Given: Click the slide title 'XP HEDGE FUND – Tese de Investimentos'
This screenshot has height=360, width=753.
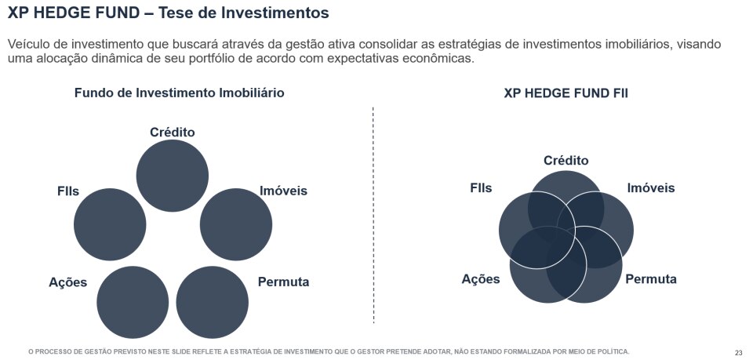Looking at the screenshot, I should (168, 13).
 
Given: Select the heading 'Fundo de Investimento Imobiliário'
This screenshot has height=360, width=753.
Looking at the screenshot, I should (179, 93).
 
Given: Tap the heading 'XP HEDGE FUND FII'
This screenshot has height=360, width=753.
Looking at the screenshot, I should (566, 93).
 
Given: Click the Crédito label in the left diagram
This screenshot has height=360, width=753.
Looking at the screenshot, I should (173, 132).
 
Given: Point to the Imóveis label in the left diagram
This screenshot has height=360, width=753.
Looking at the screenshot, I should (283, 191).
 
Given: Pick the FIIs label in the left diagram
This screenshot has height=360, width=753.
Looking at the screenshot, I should (68, 191).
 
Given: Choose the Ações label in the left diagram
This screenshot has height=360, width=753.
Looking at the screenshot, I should (67, 282).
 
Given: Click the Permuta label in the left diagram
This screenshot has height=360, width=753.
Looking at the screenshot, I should (283, 282).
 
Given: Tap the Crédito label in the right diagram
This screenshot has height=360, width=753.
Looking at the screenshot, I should (566, 161).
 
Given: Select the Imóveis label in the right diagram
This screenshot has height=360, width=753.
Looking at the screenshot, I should (651, 188).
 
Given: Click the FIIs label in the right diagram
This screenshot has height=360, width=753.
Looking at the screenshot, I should (481, 188).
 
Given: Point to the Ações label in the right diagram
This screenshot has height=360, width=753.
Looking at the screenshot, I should (481, 279).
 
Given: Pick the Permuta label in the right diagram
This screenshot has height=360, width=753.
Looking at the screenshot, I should (651, 279).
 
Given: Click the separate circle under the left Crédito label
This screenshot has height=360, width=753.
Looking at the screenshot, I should (173, 176).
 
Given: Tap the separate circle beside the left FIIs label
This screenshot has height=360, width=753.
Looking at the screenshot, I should (110, 224).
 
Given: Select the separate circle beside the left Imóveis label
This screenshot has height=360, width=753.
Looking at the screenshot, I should (236, 224).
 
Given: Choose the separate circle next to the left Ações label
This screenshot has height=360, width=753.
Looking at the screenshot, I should (133, 302).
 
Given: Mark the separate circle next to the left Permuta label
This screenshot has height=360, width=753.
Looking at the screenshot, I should (213, 302).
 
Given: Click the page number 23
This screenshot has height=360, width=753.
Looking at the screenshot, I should (739, 351).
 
